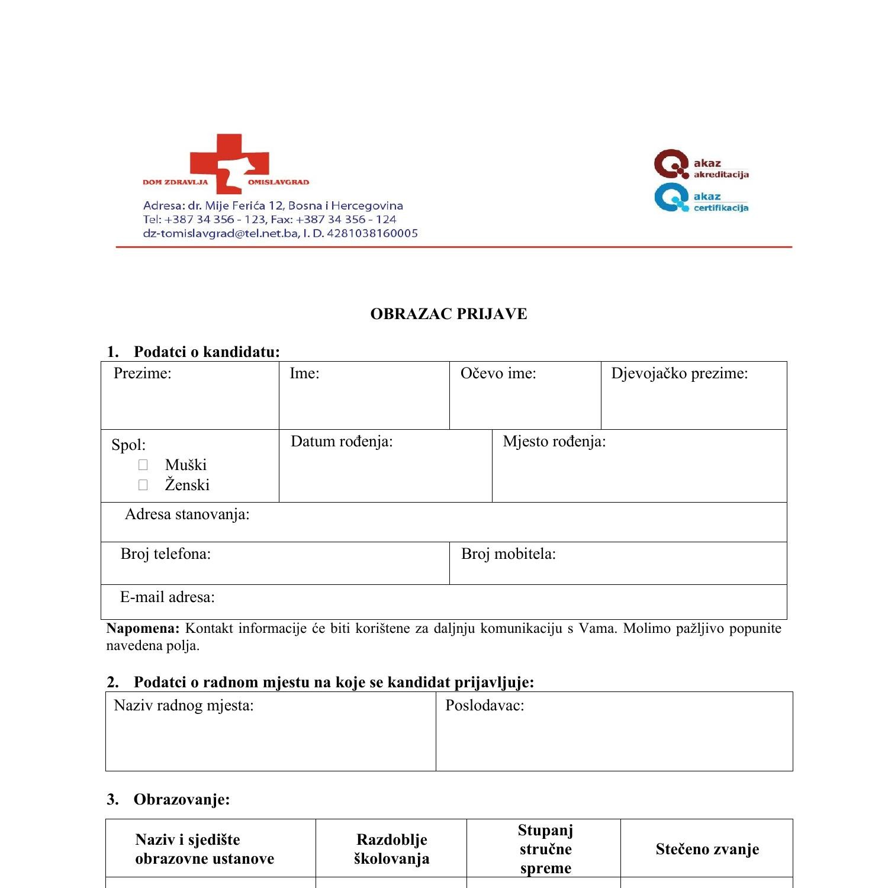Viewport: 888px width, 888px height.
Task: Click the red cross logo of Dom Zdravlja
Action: point(229,163)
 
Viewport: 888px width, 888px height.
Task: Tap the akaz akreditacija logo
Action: point(701,165)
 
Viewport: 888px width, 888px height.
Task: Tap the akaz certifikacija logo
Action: point(701,199)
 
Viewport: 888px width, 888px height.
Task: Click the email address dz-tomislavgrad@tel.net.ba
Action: point(220,233)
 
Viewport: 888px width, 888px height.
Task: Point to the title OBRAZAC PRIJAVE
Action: point(448,314)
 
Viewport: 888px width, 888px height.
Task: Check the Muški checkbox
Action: point(143,465)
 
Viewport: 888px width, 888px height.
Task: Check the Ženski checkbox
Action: point(143,485)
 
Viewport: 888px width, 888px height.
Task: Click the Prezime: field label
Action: point(142,373)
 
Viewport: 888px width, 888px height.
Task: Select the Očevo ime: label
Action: point(498,373)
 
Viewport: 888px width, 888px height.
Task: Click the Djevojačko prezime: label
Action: point(679,373)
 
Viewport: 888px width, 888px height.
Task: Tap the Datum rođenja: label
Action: point(342,441)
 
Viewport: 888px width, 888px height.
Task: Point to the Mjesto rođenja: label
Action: point(554,441)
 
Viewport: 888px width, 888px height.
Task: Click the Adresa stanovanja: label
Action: point(187,514)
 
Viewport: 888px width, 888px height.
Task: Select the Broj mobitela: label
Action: point(508,554)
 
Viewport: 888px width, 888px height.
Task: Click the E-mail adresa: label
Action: point(168,597)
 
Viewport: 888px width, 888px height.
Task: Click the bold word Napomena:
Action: point(142,628)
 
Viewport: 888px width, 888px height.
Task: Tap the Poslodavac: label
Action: point(484,705)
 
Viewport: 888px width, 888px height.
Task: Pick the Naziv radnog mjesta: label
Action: point(184,705)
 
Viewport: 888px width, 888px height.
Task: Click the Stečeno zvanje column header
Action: point(707,849)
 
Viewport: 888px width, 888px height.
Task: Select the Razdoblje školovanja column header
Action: point(391,849)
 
